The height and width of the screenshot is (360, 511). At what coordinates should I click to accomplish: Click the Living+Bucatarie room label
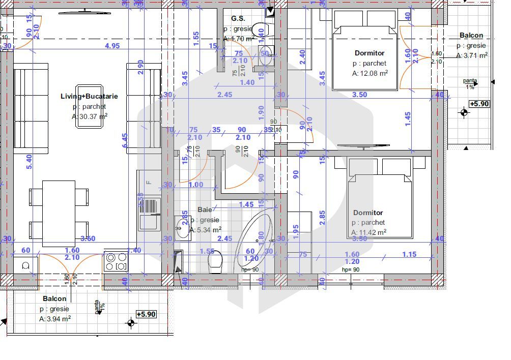89,96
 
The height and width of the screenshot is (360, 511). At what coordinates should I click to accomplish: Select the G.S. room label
238,18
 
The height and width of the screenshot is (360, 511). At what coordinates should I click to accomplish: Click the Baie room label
205,209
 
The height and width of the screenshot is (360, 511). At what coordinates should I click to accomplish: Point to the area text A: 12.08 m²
370,73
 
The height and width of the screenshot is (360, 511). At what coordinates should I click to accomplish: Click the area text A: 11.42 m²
368,232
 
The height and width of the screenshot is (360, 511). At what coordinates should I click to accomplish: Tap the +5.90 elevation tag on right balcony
478,104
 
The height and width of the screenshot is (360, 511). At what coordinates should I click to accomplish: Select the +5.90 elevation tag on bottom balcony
146,314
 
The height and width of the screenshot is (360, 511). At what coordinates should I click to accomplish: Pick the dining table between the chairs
58,213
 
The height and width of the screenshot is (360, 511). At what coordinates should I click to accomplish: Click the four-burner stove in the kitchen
116,262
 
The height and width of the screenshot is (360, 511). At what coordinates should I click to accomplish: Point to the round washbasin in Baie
182,227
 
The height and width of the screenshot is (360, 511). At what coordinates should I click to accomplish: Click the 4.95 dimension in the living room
112,46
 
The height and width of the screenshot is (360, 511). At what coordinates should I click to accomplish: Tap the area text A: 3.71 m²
472,56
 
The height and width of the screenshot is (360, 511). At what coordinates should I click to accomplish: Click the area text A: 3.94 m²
55,319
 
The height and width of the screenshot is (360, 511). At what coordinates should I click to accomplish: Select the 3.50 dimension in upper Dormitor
359,95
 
